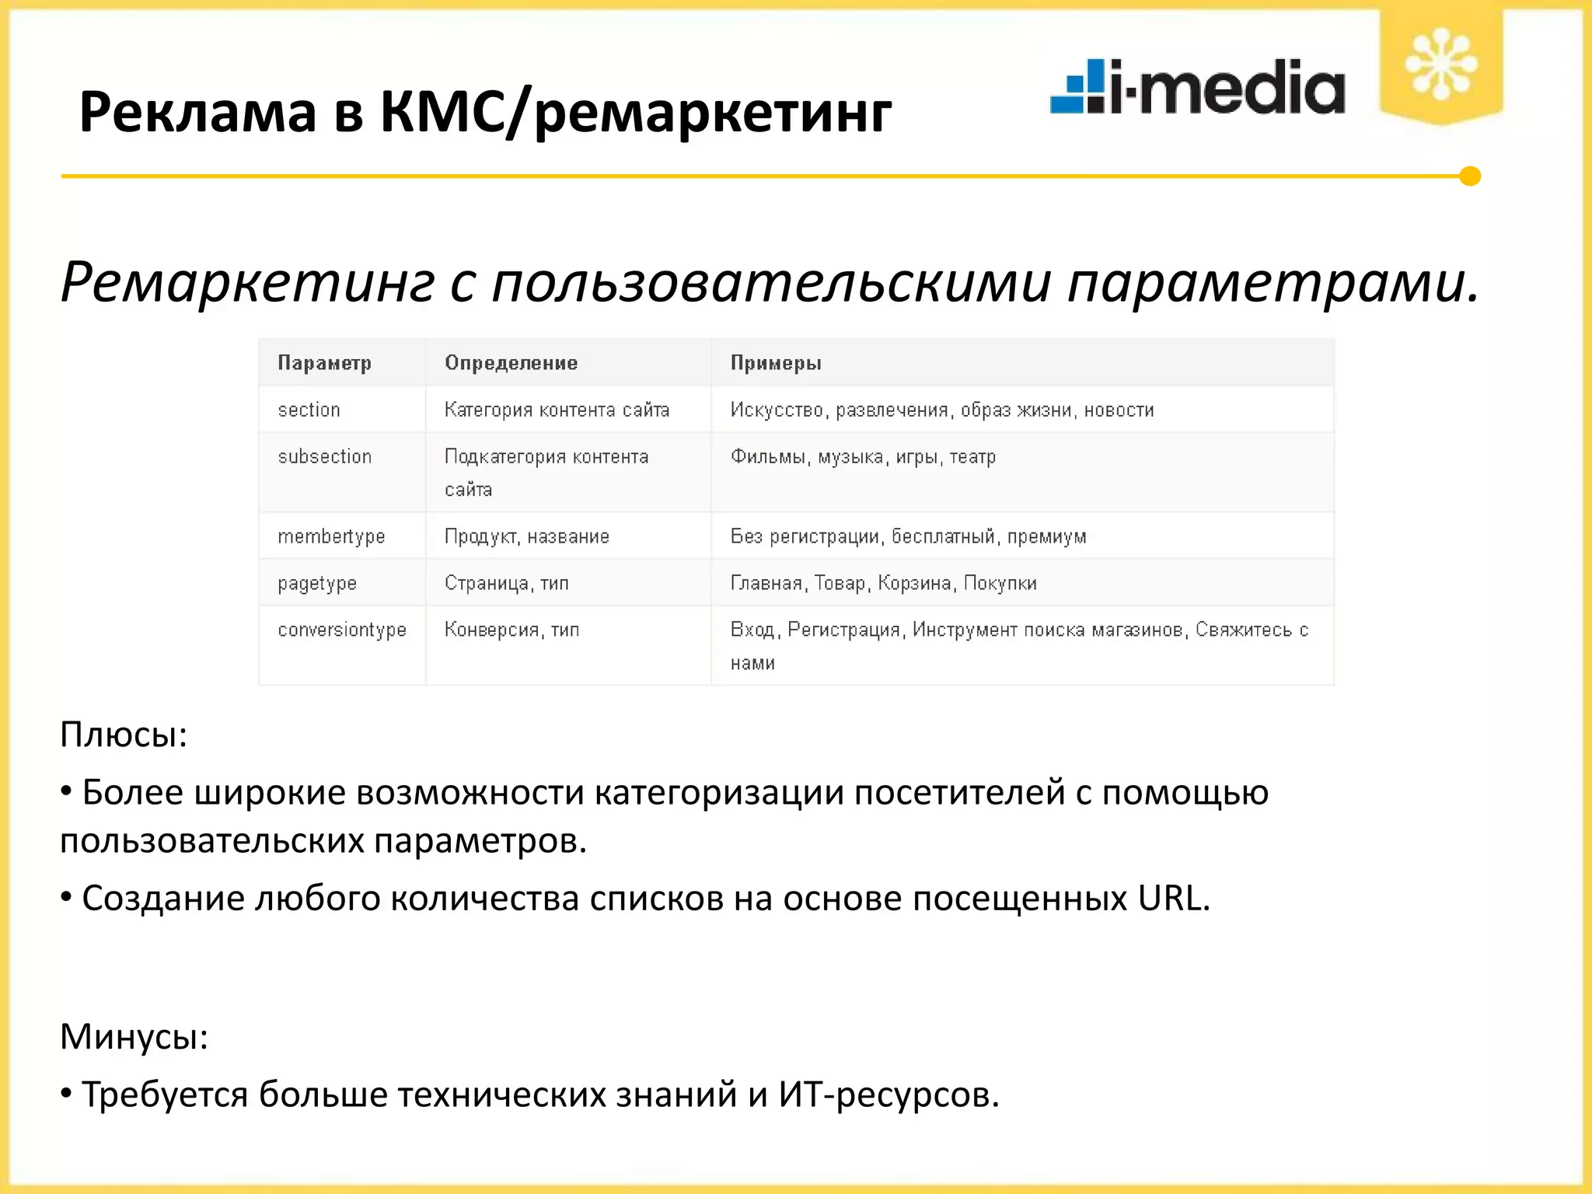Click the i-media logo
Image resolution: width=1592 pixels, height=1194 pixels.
pyautogui.click(x=1197, y=87)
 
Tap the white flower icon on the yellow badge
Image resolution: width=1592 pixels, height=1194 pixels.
pyautogui.click(x=1441, y=64)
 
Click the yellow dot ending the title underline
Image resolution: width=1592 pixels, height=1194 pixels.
pyautogui.click(x=1469, y=176)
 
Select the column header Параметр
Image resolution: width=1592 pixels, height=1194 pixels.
pyautogui.click(x=324, y=363)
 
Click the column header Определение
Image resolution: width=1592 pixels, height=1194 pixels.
pyautogui.click(x=511, y=363)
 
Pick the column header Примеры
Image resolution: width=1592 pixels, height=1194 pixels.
pyautogui.click(x=775, y=363)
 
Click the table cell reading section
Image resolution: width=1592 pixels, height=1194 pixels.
pyautogui.click(x=309, y=410)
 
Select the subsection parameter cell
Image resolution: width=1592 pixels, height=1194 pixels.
pyautogui.click(x=324, y=457)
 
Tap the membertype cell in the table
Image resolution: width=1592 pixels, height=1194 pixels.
pyautogui.click(x=331, y=536)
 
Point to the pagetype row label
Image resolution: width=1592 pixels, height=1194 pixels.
pyautogui.click(x=317, y=583)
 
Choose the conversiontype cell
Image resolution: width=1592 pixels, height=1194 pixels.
pyautogui.click(x=342, y=630)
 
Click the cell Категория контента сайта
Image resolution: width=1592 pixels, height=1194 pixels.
pyautogui.click(x=557, y=410)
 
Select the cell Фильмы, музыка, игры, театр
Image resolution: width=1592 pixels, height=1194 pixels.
pyautogui.click(x=863, y=457)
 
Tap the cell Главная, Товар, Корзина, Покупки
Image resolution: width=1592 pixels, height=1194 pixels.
pyautogui.click(x=883, y=583)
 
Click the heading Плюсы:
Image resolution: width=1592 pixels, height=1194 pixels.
pyautogui.click(x=124, y=735)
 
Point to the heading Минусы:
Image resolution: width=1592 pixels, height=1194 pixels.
pyautogui.click(x=134, y=1036)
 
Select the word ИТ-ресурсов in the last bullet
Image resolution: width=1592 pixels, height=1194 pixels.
pyautogui.click(x=888, y=1095)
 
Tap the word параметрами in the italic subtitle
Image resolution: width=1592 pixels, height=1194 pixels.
pyautogui.click(x=1273, y=281)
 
